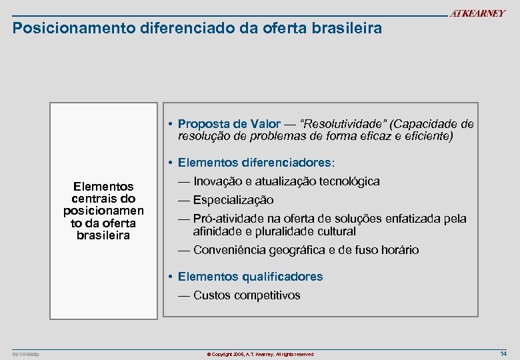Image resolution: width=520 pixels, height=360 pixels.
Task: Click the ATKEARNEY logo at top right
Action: [477, 14]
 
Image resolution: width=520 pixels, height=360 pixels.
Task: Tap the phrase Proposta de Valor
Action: [229, 125]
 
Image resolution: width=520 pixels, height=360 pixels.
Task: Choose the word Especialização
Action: [233, 200]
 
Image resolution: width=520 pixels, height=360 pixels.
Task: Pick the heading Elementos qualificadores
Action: [250, 277]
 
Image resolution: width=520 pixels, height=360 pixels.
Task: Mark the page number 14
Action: [503, 353]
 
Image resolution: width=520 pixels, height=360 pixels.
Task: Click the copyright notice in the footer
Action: [260, 354]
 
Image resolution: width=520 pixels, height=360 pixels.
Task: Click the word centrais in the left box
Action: [104, 199]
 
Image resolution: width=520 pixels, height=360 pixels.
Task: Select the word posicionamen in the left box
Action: [104, 211]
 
